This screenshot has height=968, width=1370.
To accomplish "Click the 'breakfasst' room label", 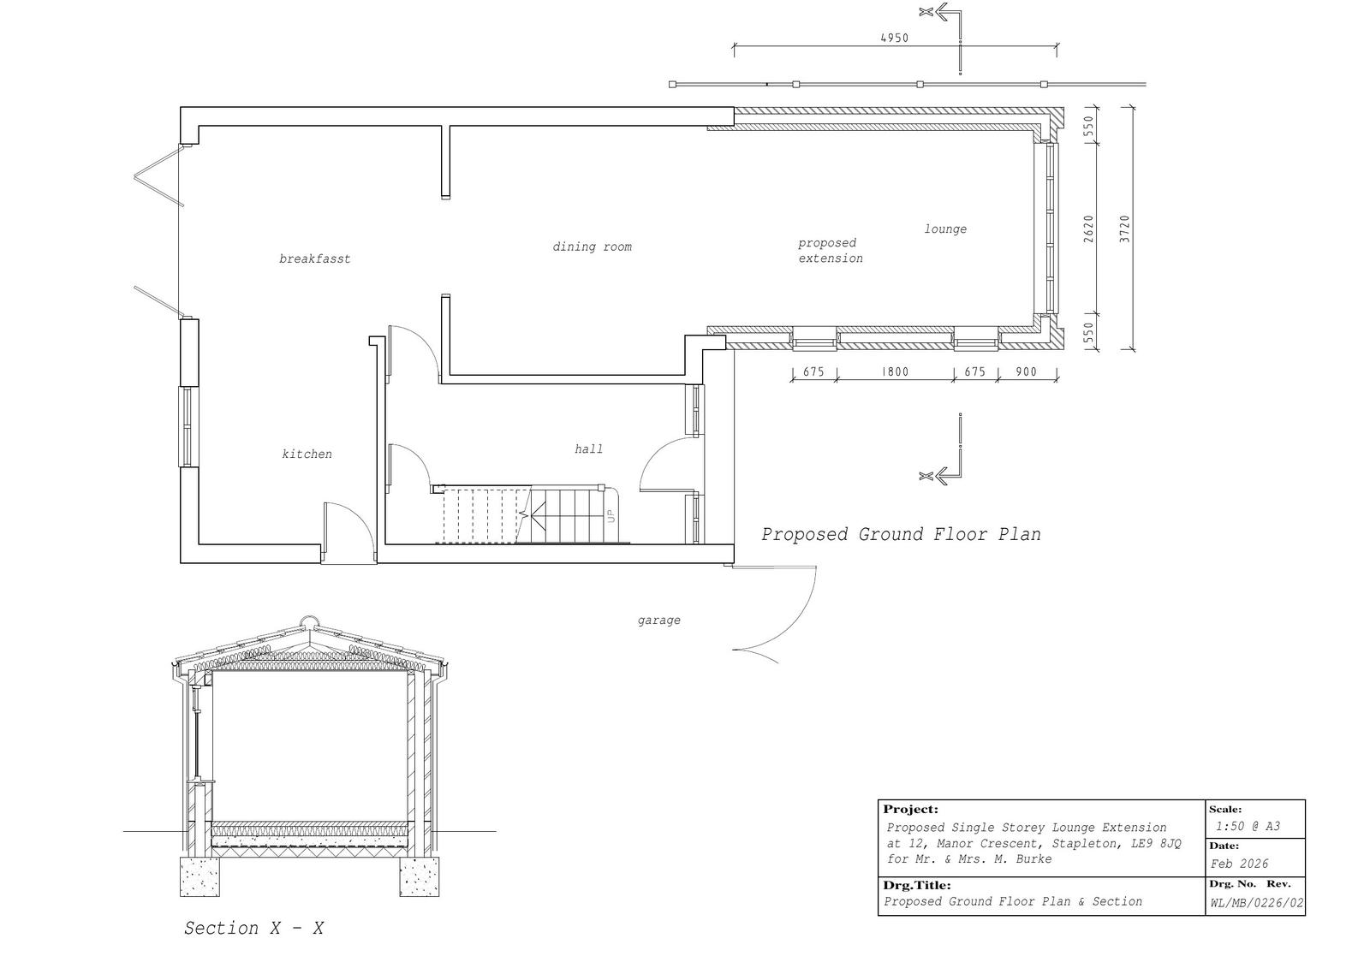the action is coord(314,258).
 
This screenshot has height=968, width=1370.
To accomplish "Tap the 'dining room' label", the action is coord(592,246).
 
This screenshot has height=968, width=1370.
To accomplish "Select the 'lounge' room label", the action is coord(945,229).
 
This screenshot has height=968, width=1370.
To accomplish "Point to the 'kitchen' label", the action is coord(307,454).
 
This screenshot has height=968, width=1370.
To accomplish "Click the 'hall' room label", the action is coord(588,448).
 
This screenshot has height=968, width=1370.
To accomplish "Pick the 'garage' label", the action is coord(658,621).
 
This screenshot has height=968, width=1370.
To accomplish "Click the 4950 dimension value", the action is coord(894,38).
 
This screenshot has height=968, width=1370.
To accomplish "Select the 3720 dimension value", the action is coord(1125,229).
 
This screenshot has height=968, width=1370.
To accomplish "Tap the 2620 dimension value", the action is coord(1088,229).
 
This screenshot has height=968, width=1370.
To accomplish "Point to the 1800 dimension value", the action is coord(895,371).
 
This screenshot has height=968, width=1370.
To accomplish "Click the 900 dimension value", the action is coord(1027,371).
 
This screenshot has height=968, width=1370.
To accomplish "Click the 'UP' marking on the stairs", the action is coord(611,516).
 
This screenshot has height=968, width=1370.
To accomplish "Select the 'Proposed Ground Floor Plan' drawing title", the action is coord(901,534).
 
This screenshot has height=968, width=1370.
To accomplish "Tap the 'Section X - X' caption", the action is coord(253,929).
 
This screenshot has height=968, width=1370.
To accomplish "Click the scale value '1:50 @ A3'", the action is coord(1248,826).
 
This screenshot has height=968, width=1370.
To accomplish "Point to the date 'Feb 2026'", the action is coord(1239,864).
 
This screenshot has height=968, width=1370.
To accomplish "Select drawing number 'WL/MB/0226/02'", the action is coord(1257,903).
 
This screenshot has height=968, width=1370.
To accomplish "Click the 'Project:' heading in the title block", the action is coord(910,810).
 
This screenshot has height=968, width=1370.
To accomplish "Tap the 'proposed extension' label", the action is coord(830,251).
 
